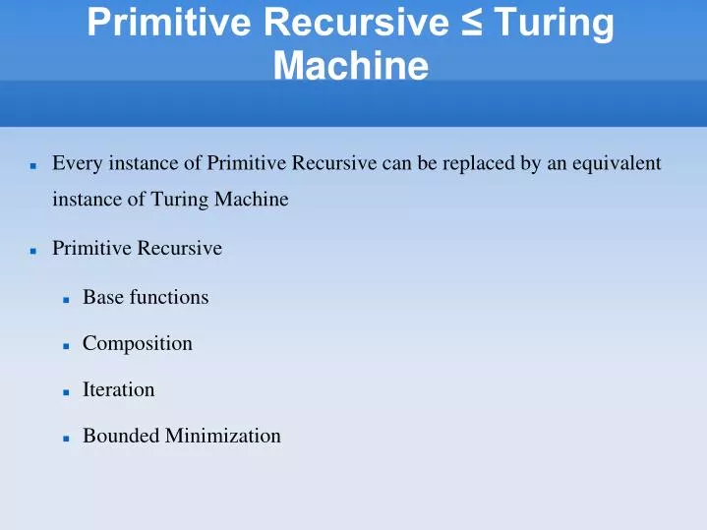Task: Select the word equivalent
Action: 619,163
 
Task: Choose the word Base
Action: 101,296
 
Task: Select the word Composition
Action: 138,343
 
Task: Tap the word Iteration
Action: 119,389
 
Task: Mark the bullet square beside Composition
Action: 64,345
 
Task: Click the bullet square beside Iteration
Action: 64,391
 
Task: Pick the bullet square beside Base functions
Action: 64,298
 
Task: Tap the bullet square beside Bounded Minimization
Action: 64,438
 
